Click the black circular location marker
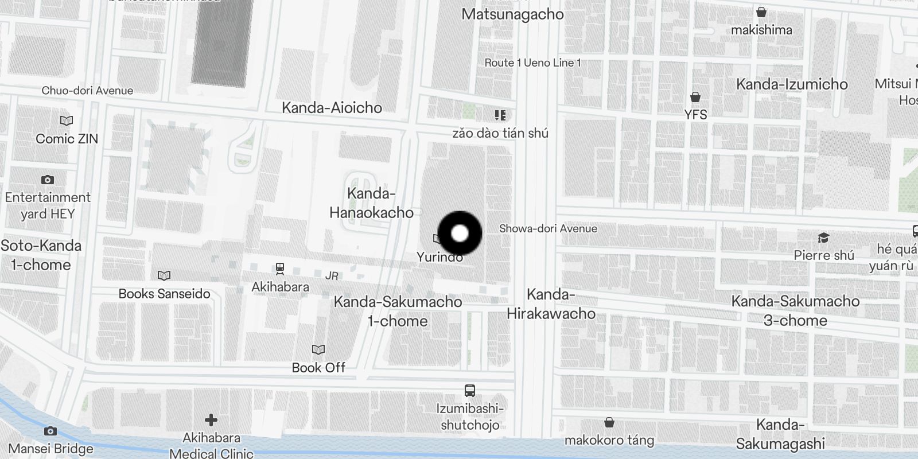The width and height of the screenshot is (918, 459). (460, 233)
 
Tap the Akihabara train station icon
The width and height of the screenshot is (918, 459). (280, 268)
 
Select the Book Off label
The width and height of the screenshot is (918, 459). (318, 367)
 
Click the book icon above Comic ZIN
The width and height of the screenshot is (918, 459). (67, 121)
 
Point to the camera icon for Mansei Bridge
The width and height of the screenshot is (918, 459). (50, 431)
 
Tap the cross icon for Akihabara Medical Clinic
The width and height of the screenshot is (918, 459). (211, 421)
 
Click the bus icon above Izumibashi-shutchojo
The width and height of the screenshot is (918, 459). (469, 391)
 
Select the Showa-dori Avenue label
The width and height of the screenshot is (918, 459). (548, 228)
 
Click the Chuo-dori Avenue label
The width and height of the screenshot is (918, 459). (87, 91)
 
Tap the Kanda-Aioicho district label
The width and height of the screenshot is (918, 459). (332, 107)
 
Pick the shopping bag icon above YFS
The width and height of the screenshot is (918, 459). (695, 96)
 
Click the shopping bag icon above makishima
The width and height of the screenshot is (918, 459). (761, 12)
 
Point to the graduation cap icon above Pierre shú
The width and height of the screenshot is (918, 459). (824, 238)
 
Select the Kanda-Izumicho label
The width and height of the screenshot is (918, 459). (792, 84)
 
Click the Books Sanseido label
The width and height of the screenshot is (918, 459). (164, 294)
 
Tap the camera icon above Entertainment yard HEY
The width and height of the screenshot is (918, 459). (48, 180)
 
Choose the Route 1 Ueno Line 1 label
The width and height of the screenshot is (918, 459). (532, 63)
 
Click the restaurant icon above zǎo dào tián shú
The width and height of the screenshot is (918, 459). (500, 115)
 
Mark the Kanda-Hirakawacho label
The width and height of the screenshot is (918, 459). (551, 304)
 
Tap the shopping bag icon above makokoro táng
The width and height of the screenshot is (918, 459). (609, 423)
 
